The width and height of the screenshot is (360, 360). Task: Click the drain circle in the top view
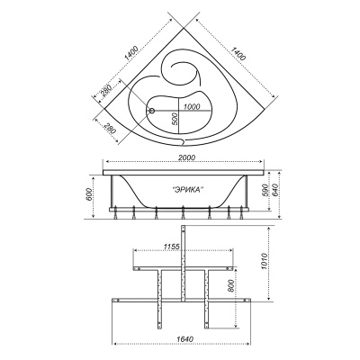152,111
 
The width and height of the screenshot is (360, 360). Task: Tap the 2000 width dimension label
186,157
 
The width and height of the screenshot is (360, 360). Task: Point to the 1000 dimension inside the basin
193,107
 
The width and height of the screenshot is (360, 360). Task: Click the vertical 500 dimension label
175,120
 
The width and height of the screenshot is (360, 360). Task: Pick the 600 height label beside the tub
89,193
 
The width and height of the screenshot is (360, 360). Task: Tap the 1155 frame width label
171,247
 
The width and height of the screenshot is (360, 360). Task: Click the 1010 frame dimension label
264,262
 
